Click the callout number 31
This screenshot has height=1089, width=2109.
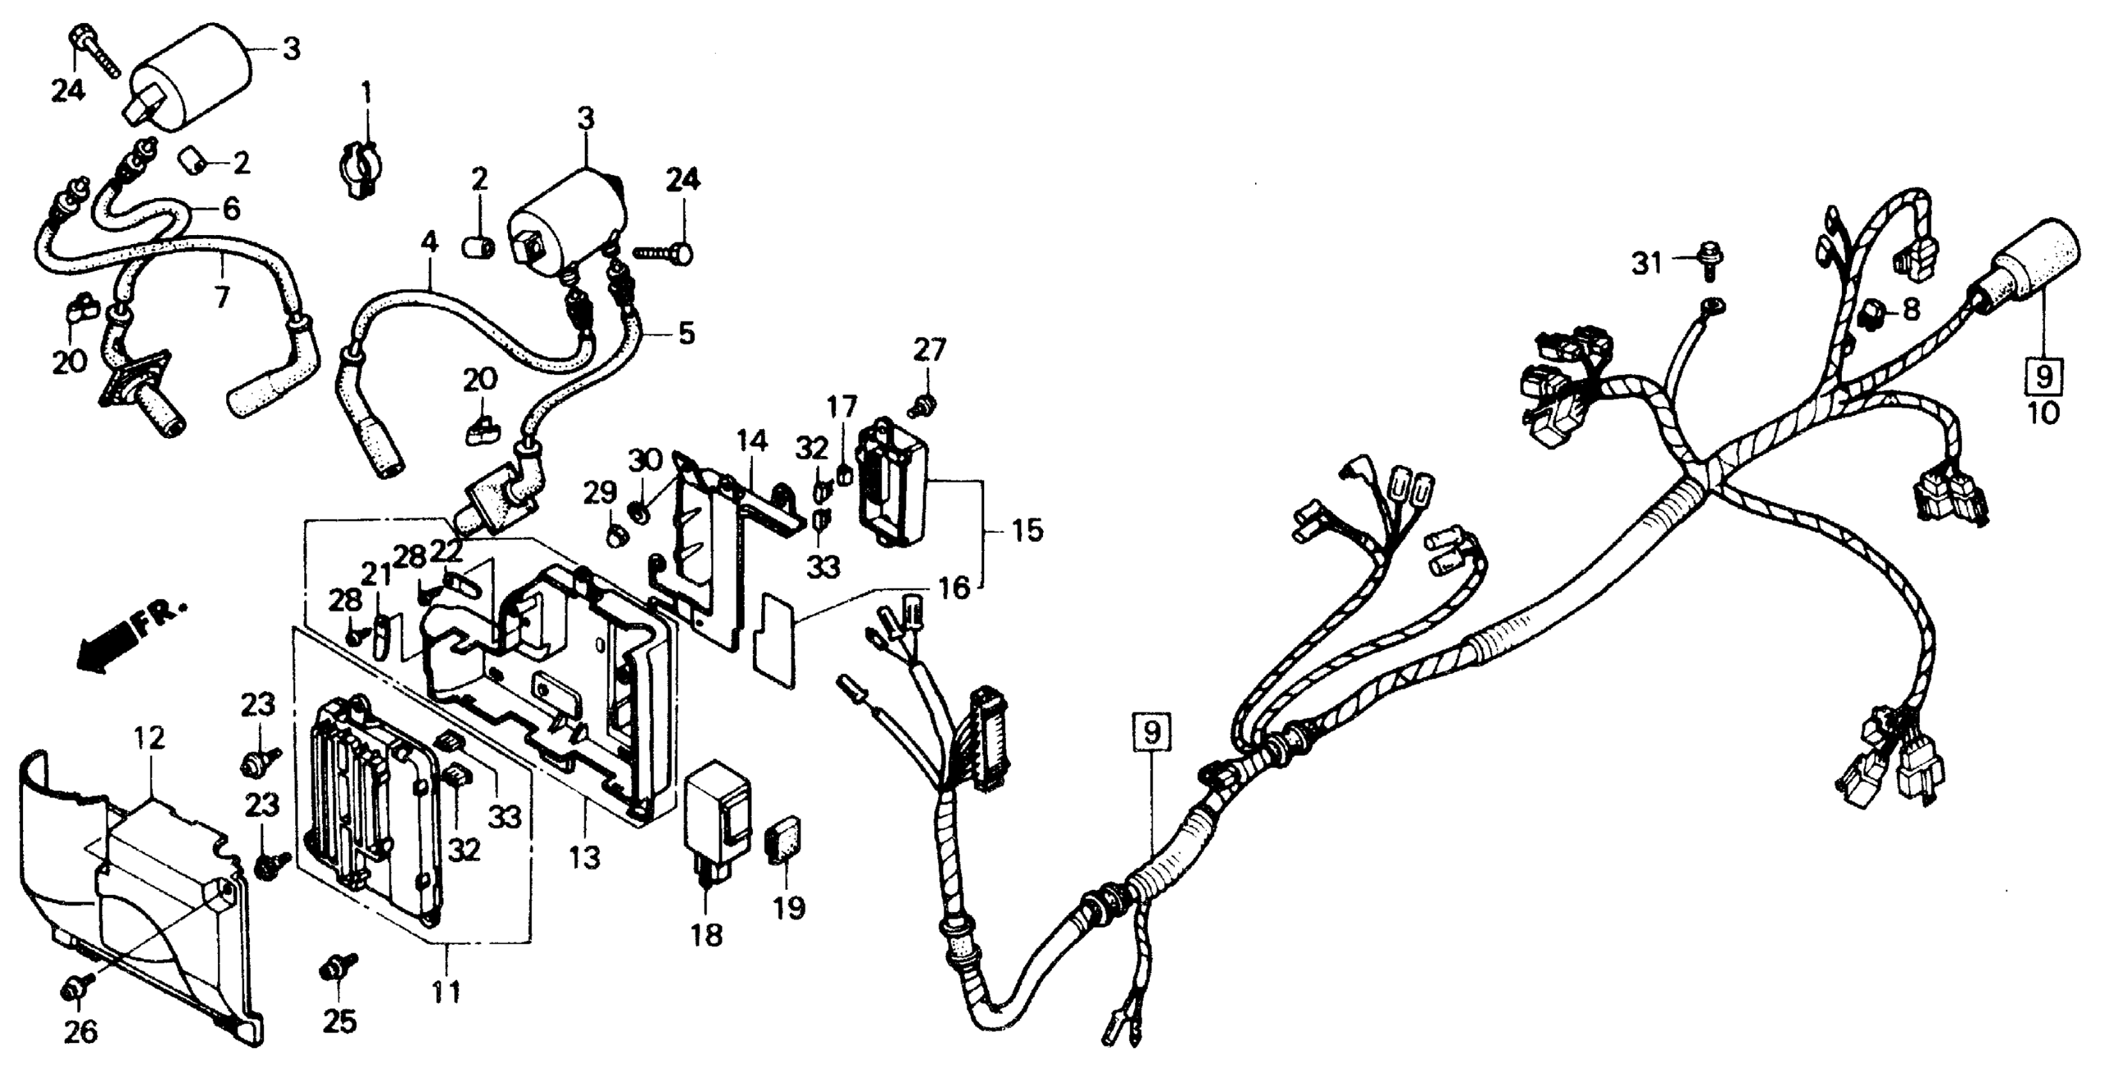1646,264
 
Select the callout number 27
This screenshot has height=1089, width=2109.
929,350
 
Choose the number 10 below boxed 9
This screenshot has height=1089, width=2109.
2044,413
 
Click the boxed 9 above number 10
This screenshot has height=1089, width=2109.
2044,377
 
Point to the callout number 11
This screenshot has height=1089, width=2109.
446,992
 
